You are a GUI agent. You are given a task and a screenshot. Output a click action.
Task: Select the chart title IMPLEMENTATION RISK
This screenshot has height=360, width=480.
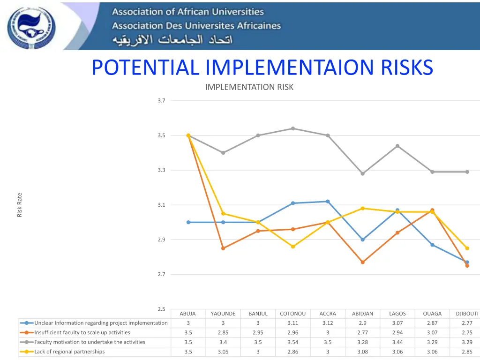(x=249, y=87)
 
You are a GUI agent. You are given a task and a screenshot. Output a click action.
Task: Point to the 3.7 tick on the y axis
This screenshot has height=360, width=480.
(x=162, y=101)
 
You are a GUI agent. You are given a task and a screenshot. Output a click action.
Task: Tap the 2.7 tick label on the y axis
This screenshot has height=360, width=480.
(x=162, y=274)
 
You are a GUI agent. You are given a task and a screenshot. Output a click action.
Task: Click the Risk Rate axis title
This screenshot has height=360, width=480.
(x=20, y=205)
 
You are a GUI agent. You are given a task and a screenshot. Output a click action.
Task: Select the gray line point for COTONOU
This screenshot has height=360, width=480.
(x=293, y=128)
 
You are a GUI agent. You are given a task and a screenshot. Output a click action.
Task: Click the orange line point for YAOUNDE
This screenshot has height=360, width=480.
(x=223, y=248)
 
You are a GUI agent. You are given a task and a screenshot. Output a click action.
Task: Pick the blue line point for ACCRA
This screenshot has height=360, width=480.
(x=328, y=202)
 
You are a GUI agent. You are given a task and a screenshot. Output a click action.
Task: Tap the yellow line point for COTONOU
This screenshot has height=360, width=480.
(x=293, y=247)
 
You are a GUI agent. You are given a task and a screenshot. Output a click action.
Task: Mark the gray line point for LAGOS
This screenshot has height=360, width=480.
(x=397, y=146)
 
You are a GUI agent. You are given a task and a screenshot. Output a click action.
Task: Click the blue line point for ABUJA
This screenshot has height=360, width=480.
(x=188, y=222)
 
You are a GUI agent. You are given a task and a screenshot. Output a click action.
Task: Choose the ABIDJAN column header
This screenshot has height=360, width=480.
(x=362, y=314)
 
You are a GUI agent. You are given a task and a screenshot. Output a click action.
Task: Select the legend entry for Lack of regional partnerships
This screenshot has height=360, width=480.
(x=69, y=352)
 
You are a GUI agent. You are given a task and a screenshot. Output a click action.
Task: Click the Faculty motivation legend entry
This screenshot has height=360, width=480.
(x=90, y=342)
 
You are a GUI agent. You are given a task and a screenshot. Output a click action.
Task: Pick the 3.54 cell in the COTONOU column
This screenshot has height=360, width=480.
(x=293, y=342)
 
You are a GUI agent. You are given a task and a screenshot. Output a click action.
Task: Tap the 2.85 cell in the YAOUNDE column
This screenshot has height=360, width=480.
(x=223, y=332)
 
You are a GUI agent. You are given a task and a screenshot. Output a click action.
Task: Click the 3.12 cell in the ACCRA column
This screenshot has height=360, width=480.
(x=328, y=323)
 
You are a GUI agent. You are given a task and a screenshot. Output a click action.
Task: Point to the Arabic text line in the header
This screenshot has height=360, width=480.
(x=172, y=40)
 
